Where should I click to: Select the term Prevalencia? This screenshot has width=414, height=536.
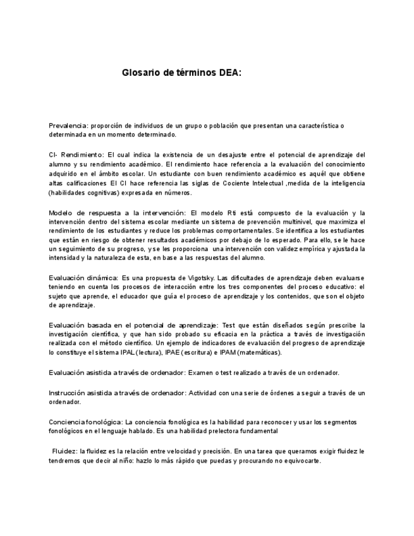click(x=68, y=126)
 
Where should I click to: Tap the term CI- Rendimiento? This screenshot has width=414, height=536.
click(x=75, y=154)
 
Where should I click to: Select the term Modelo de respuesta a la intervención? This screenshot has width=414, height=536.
click(x=117, y=213)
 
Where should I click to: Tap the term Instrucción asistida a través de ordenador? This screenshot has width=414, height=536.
click(x=116, y=393)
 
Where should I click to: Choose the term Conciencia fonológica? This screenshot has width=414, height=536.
click(x=85, y=422)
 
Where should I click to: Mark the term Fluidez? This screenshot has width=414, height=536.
click(x=64, y=451)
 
